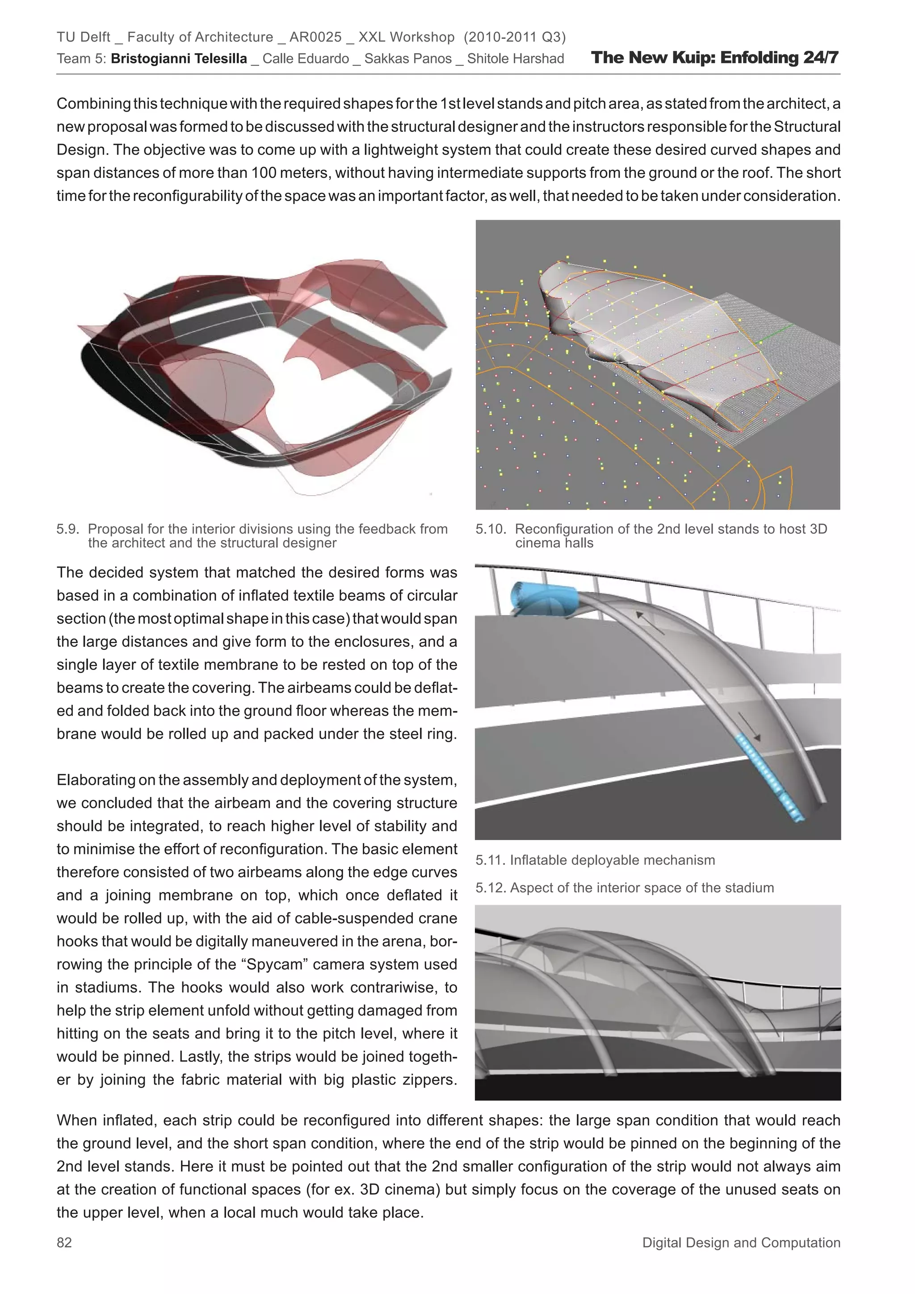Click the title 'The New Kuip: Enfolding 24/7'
click(714, 58)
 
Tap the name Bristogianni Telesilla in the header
click(179, 59)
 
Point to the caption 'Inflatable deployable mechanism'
click(612, 860)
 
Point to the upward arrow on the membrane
click(648, 622)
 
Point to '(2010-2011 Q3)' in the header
click(514, 37)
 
